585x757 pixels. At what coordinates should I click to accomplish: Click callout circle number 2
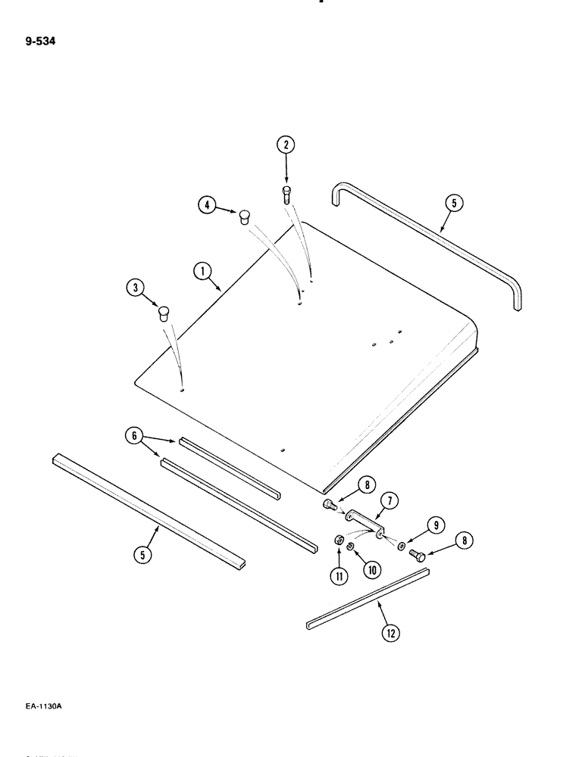coord(286,145)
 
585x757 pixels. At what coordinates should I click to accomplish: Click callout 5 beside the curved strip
coord(452,203)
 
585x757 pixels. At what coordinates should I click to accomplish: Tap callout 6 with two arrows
coord(135,435)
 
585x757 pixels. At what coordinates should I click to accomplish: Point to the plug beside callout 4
coord(244,218)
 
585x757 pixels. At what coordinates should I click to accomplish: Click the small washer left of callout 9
coord(401,545)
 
